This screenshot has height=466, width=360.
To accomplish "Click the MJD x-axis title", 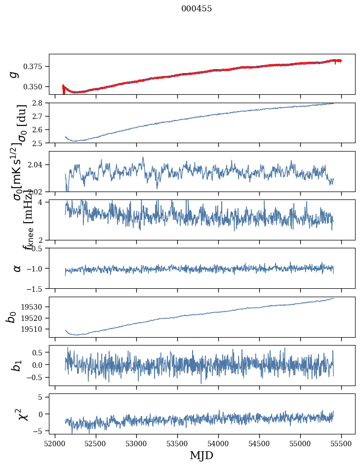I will coord(201,455).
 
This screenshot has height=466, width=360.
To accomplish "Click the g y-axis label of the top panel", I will coord(14,74).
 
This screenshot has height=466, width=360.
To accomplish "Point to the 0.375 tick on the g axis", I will coord(36,67).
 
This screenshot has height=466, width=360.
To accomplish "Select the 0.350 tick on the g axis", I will coord(36,87).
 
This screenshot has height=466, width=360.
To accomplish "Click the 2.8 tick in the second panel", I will coord(40,103).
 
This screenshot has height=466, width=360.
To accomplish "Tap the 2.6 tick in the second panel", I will coord(40,130).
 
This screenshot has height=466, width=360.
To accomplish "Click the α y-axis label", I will coord(17,268).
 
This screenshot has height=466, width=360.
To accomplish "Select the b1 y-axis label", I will coord(17,365).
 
